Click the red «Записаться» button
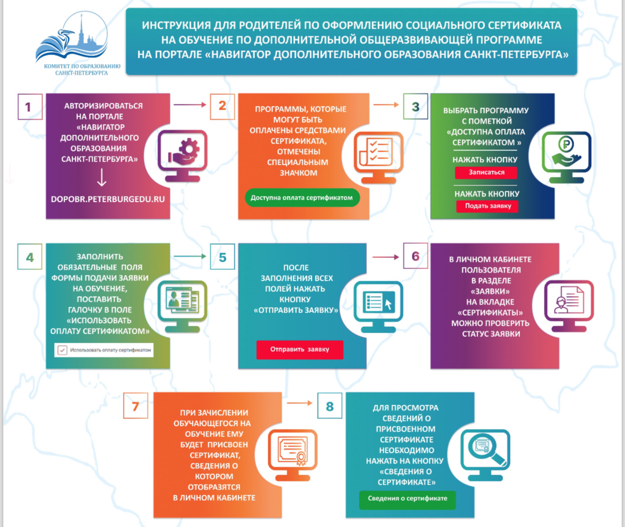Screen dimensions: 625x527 click(486, 173)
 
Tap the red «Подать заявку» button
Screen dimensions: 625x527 click(488, 206)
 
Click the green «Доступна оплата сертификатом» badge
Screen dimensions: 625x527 click(302, 198)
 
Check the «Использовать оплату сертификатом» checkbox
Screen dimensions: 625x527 click(62, 350)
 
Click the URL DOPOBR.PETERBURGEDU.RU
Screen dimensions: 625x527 click(108, 199)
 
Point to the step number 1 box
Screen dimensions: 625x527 click(30, 107)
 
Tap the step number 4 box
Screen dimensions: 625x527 click(30, 257)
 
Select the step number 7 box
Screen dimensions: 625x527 click(136, 406)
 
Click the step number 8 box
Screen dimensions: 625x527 click(330, 406)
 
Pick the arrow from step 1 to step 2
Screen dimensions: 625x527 click(190, 105)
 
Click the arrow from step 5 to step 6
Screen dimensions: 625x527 click(385, 257)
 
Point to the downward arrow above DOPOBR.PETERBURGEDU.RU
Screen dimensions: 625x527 click(102, 177)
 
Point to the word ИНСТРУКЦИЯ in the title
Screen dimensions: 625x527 click(177, 25)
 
